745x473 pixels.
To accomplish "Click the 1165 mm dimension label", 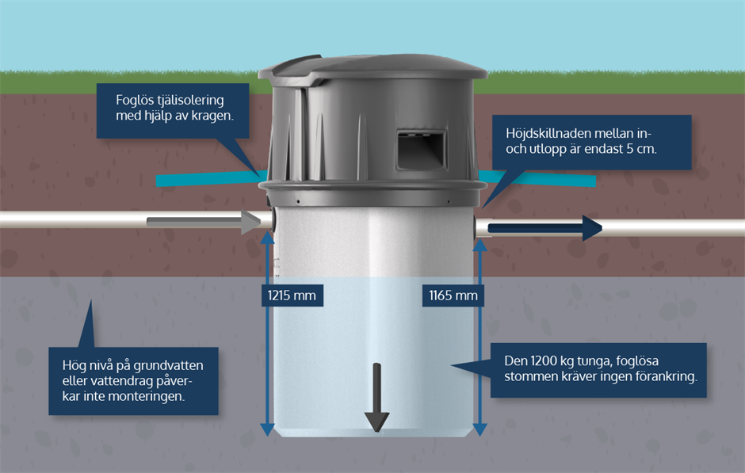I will click(x=453, y=296).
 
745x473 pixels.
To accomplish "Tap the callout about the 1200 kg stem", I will click(x=598, y=369).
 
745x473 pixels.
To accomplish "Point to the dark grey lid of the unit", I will click(x=372, y=67).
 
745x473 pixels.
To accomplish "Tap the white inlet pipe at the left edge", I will click(x=48, y=219).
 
